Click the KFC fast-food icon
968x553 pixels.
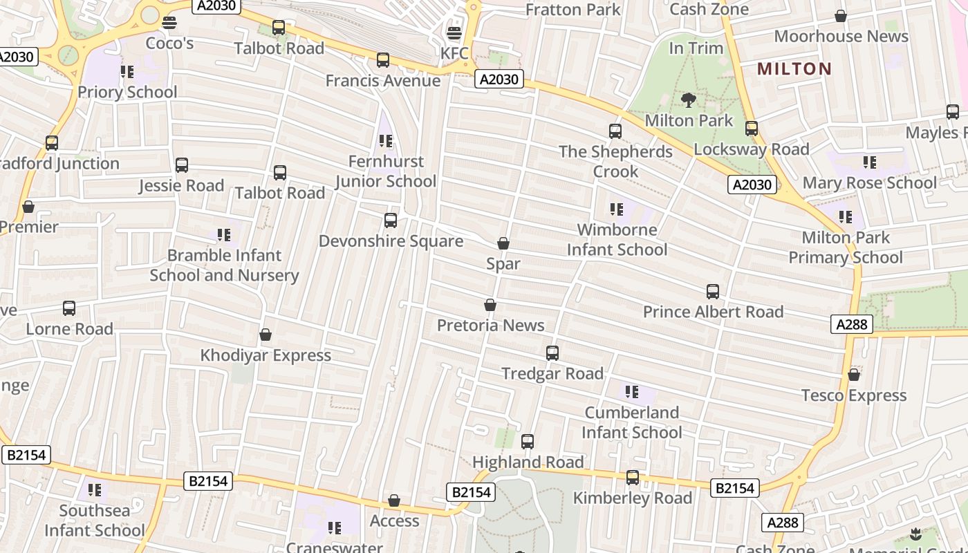[454, 32]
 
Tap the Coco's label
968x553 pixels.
[169, 44]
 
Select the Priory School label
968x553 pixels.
[127, 92]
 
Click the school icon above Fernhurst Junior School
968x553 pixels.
[386, 141]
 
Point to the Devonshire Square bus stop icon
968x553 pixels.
[391, 221]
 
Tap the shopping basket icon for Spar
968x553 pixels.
[503, 243]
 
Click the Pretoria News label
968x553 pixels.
[491, 325]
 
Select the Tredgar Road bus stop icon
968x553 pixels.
[552, 353]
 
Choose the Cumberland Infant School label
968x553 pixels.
[632, 422]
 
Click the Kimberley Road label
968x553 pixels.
[633, 498]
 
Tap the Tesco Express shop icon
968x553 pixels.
[854, 375]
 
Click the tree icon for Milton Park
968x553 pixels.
[688, 100]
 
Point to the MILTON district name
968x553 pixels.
[794, 68]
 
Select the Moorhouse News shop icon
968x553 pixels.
[841, 16]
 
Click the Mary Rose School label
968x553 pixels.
[870, 182]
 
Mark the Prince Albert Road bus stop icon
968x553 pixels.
[713, 292]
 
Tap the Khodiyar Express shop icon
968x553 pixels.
[266, 335]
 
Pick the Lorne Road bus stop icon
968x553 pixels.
[69, 308]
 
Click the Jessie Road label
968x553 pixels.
[182, 185]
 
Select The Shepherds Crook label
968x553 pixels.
[615, 161]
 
